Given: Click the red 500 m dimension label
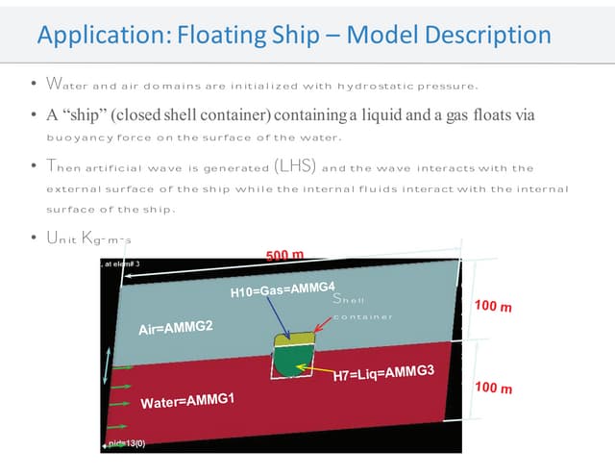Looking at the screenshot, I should (x=284, y=255).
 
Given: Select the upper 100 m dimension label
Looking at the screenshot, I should (x=493, y=307).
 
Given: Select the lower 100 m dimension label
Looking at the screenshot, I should (x=493, y=388).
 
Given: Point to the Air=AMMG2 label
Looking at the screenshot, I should (x=176, y=328).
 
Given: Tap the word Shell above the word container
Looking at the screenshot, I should (x=349, y=299).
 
